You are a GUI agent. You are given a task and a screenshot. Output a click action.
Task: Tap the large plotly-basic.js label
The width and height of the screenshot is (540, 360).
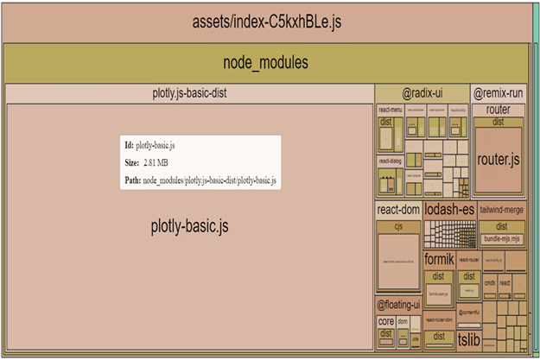click(x=189, y=227)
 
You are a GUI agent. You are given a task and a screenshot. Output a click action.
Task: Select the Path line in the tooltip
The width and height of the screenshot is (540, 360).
click(x=200, y=180)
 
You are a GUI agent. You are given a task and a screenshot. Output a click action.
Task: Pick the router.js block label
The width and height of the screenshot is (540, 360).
click(x=498, y=160)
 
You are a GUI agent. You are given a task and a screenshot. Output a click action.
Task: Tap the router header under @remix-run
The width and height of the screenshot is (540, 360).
click(x=498, y=110)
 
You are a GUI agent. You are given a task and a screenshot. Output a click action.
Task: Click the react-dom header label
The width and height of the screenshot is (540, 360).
click(x=398, y=210)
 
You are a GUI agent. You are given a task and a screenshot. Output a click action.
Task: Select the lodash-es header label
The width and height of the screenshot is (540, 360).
click(x=448, y=210)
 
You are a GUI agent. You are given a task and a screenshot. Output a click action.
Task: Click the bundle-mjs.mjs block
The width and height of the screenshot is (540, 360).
click(x=502, y=238)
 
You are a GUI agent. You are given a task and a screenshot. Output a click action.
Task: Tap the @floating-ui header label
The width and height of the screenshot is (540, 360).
click(x=398, y=305)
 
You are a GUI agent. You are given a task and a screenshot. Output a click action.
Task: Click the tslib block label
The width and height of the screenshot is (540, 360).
click(x=467, y=339)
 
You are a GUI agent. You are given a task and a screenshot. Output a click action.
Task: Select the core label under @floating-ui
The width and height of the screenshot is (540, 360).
click(x=385, y=321)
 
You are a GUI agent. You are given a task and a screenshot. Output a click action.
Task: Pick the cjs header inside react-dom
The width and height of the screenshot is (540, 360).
click(x=398, y=225)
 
